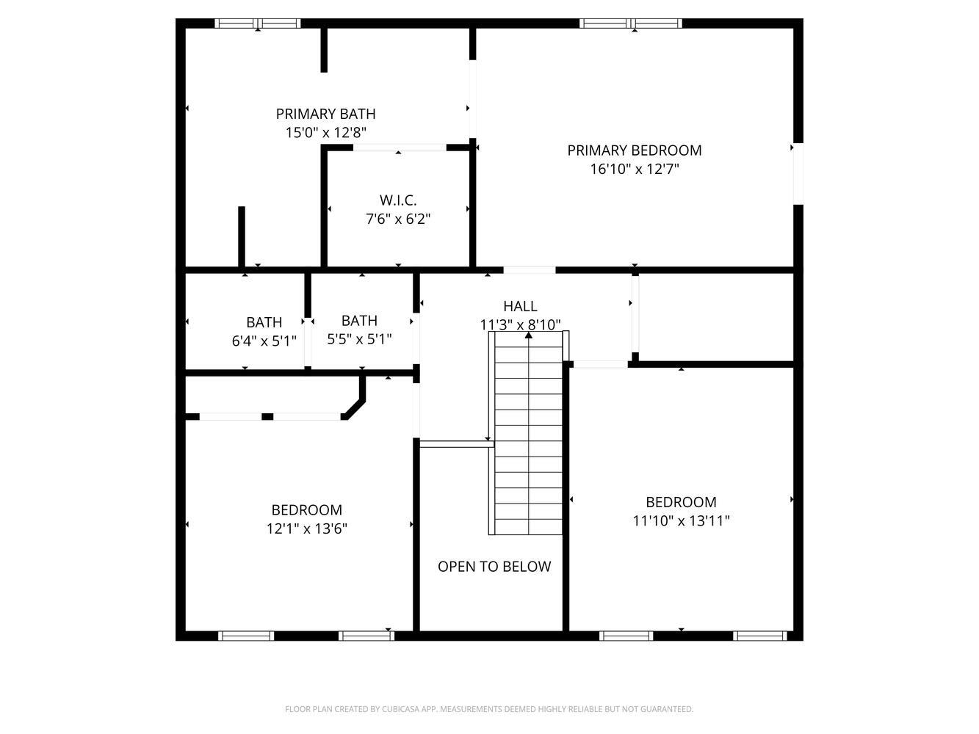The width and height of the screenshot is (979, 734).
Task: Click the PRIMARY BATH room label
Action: point(325,114)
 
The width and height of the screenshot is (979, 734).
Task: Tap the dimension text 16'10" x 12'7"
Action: point(635,170)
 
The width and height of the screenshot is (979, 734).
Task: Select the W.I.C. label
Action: point(398,200)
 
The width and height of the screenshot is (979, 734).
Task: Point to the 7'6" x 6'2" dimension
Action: point(398,219)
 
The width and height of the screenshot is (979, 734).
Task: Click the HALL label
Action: point(520,306)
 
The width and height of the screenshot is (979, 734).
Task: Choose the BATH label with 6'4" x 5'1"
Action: point(264,322)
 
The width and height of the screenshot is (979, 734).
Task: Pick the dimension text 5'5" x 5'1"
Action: point(359,339)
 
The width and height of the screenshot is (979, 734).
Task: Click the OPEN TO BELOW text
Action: point(494,567)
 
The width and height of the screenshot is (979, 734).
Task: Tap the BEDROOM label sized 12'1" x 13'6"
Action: point(306,510)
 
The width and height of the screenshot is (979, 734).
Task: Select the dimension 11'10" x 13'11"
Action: point(681,521)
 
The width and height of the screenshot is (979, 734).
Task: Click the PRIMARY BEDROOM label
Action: point(635,150)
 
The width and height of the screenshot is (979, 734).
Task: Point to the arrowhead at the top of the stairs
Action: point(528,335)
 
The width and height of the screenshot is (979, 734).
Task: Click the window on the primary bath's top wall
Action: point(258,23)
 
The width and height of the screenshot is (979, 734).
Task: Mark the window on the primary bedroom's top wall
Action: point(631,23)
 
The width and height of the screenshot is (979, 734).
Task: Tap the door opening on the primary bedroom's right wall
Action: point(798,173)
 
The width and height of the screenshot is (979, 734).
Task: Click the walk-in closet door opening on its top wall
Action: point(400,148)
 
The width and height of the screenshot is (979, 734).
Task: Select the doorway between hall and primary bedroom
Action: point(529,270)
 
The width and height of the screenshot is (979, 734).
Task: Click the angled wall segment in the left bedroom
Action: point(354,409)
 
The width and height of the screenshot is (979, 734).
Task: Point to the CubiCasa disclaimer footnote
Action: point(489,709)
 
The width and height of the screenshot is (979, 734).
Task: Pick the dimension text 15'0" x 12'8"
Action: point(325,133)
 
